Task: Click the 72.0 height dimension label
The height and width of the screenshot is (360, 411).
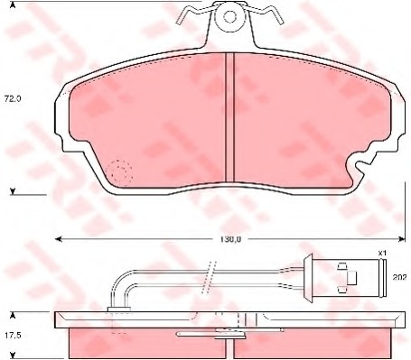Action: [x=13, y=98]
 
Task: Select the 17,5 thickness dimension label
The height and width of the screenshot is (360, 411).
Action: [x=13, y=335]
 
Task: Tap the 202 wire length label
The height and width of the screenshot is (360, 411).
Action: [x=399, y=277]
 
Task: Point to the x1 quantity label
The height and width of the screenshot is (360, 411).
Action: [x=382, y=254]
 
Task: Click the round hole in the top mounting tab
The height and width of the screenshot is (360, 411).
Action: [x=230, y=17]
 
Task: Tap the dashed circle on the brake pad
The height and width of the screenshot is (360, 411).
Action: [x=120, y=172]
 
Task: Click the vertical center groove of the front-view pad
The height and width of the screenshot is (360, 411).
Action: [x=229, y=117]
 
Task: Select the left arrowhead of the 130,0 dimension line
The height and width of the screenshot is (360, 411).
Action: [x=59, y=239]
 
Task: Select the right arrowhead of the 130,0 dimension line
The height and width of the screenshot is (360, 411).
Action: [x=401, y=239]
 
